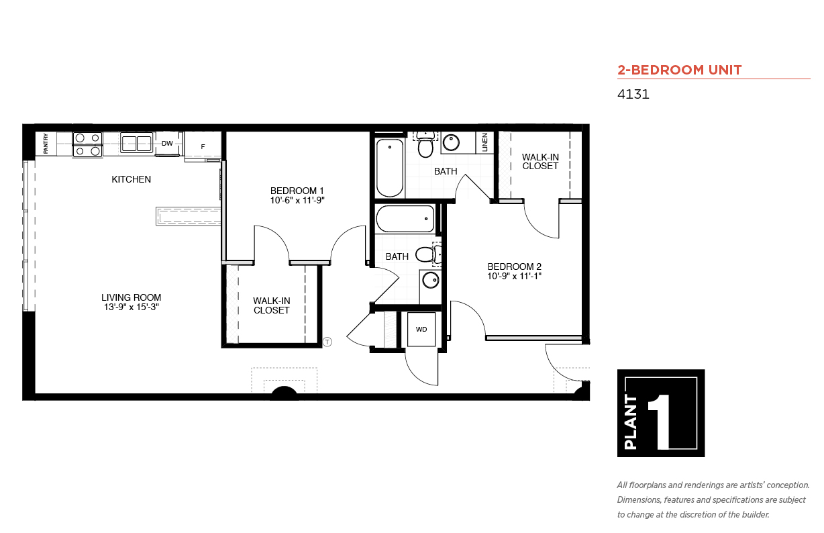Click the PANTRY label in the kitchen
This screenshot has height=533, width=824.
(x=46, y=144)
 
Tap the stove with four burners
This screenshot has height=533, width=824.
(x=87, y=144)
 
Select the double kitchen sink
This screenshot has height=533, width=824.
(x=136, y=143)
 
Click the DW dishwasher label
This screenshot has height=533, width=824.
(x=167, y=144)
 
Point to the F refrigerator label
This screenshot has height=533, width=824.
(x=203, y=147)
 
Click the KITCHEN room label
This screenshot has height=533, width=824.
(x=132, y=180)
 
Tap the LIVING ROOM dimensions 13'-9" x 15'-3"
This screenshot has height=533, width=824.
(x=132, y=307)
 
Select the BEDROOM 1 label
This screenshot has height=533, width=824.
(x=297, y=191)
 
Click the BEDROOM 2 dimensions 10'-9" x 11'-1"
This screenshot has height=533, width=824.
(x=514, y=277)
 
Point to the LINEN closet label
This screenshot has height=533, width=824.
(x=485, y=142)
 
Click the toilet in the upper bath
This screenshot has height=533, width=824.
(x=425, y=144)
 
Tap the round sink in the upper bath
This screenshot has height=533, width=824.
(x=451, y=142)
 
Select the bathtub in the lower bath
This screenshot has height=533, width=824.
(x=405, y=219)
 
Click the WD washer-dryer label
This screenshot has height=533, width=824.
(x=421, y=330)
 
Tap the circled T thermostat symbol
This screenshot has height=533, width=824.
(x=327, y=342)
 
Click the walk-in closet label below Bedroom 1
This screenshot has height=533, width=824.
(x=272, y=306)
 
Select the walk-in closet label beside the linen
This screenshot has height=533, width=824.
(x=540, y=162)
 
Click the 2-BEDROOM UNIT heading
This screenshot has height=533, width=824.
(x=680, y=70)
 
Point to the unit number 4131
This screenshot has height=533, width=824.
(x=633, y=95)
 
